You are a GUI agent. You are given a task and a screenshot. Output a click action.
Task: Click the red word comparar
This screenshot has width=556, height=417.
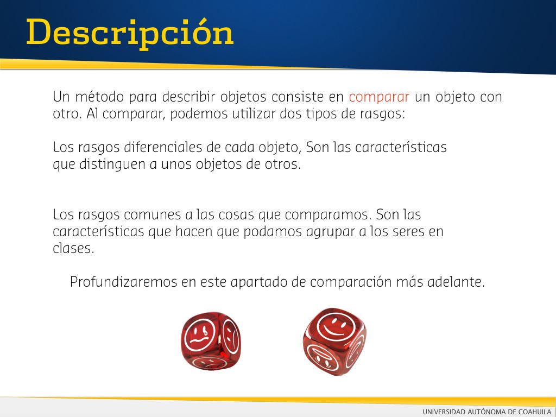tap(379, 97)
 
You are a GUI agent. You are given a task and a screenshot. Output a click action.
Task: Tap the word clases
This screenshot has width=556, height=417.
tap(73, 248)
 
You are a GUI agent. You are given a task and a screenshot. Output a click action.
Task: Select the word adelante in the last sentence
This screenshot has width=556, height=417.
tap(456, 282)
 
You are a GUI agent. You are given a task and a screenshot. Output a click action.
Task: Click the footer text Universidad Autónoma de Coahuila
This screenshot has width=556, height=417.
tap(487, 412)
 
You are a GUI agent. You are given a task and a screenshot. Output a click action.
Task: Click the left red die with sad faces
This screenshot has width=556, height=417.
tap(211, 341)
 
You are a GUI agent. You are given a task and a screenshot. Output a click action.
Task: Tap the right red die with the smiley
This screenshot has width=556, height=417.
tap(334, 342)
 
